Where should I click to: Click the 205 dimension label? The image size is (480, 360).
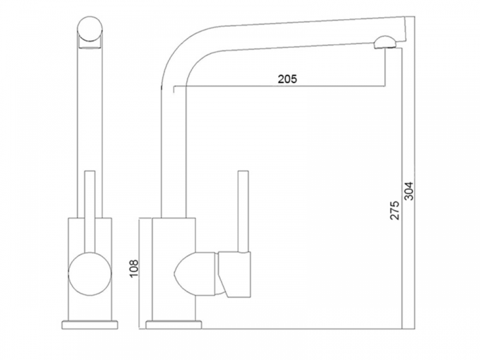[287, 79]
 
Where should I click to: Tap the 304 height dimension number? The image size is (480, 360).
[409, 191]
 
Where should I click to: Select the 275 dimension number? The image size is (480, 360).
[395, 210]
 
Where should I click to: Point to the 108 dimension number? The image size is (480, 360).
[134, 269]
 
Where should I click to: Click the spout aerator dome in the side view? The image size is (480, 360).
[385, 42]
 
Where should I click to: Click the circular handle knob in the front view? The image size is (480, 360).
[90, 274]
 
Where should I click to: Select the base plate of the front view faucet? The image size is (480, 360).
[90, 325]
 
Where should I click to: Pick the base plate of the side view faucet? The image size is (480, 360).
[173, 325]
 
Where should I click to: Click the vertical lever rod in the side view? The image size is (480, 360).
[243, 212]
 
